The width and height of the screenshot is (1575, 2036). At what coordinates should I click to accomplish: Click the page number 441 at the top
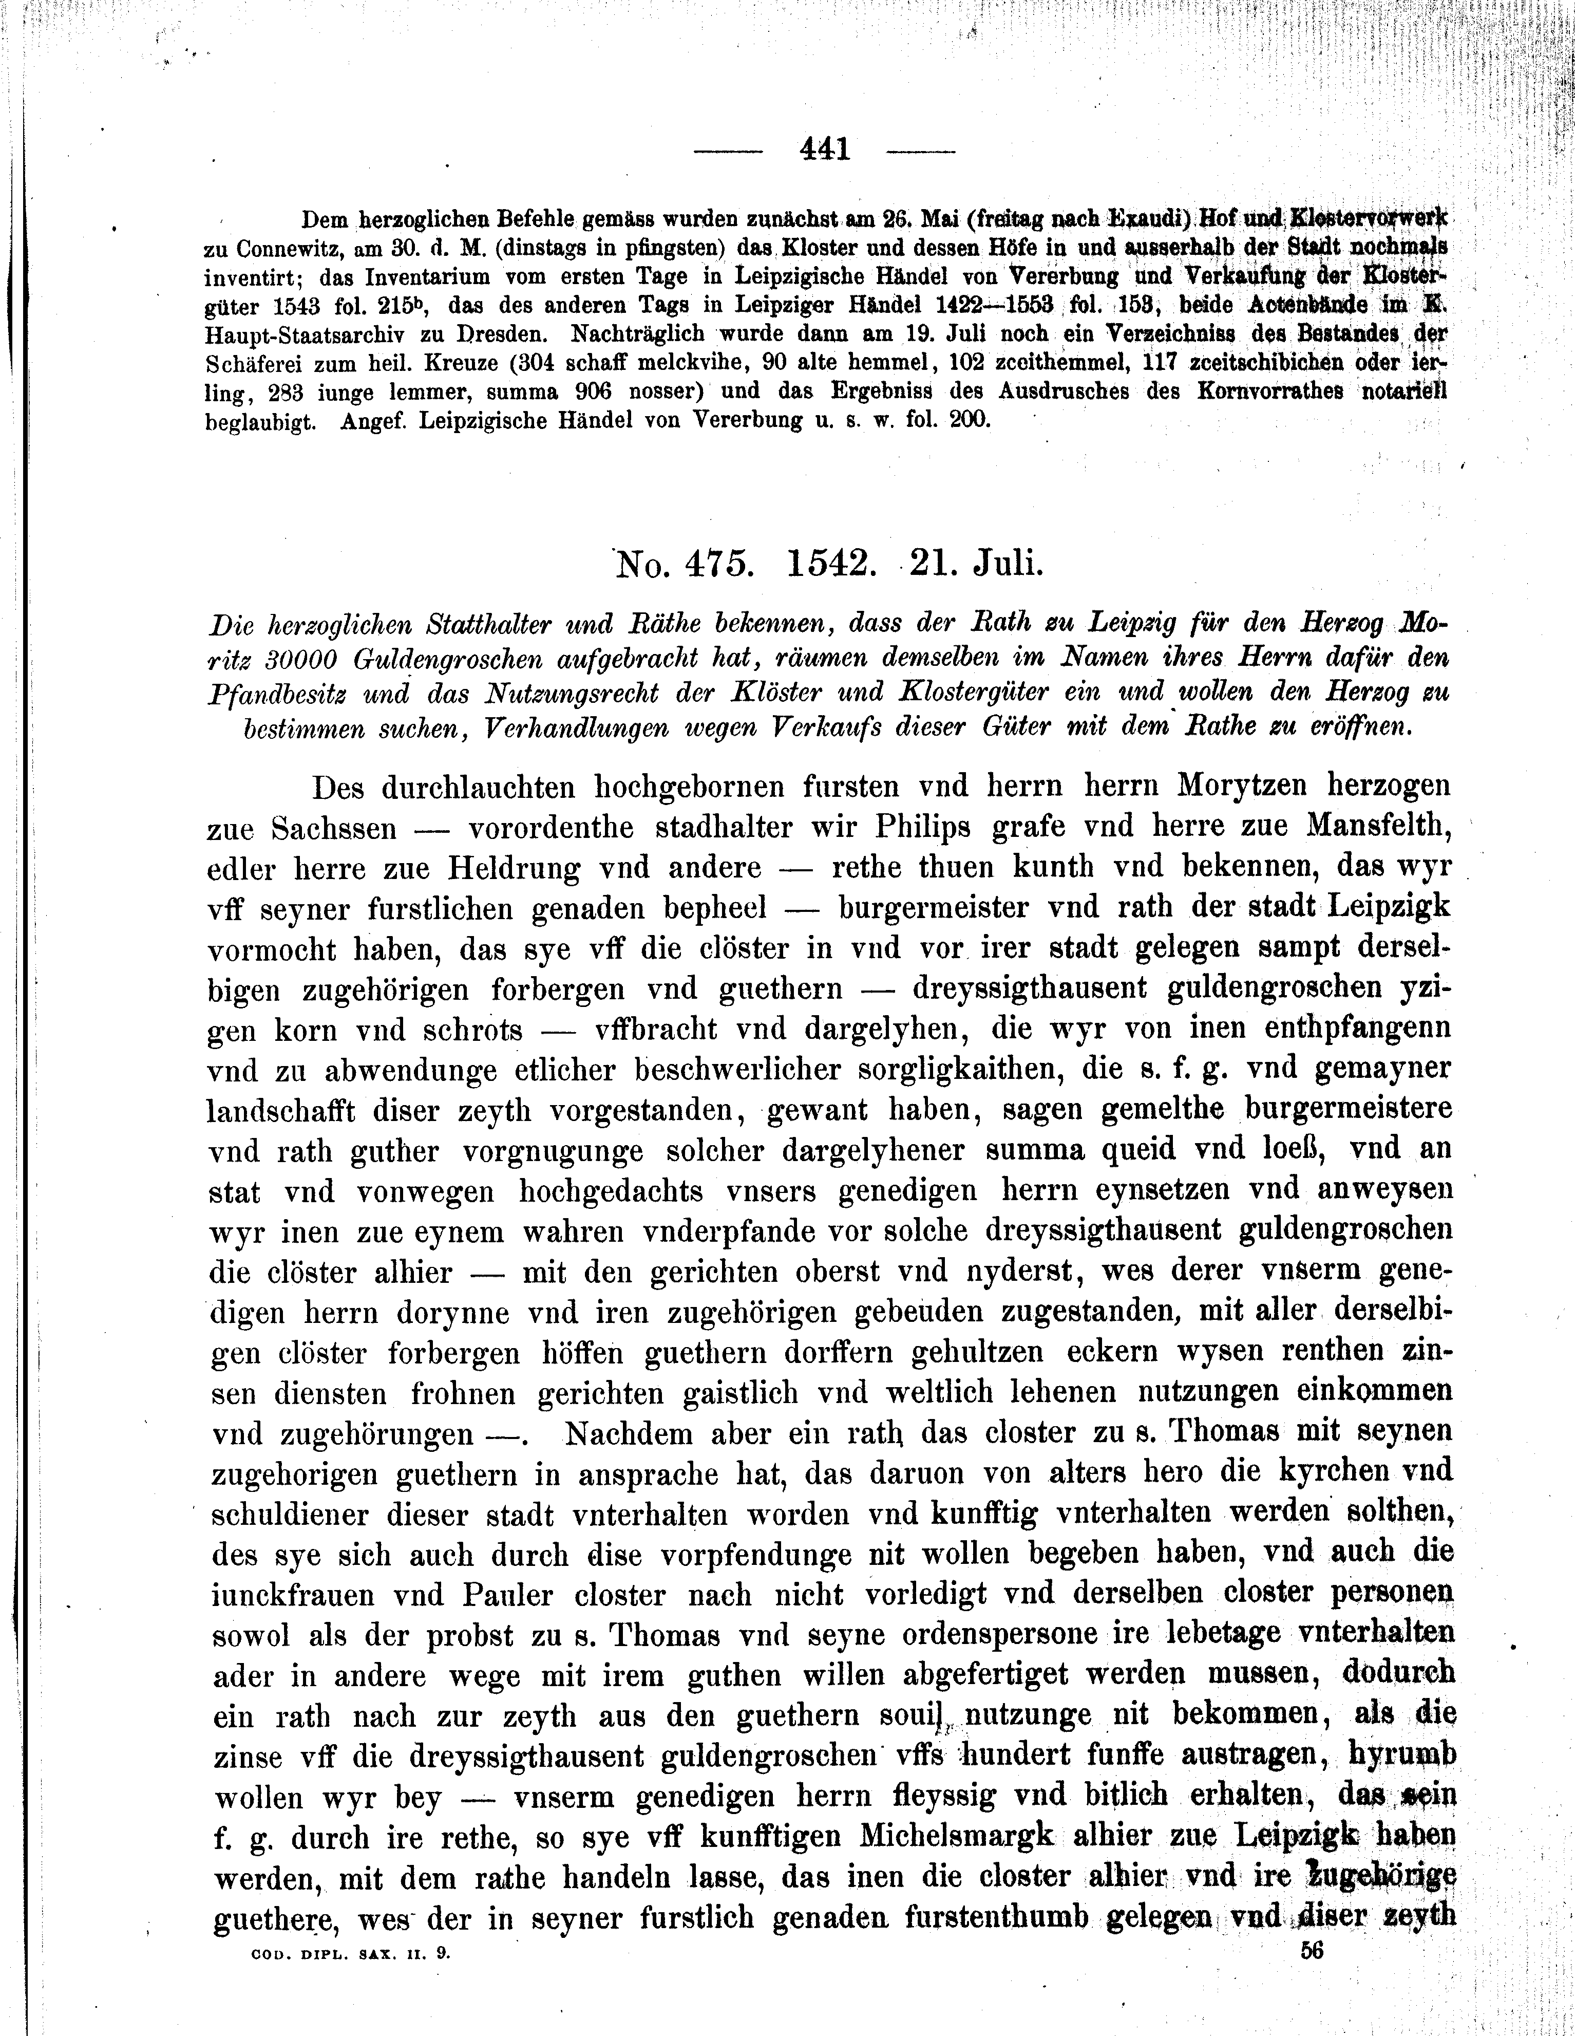coord(825,148)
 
